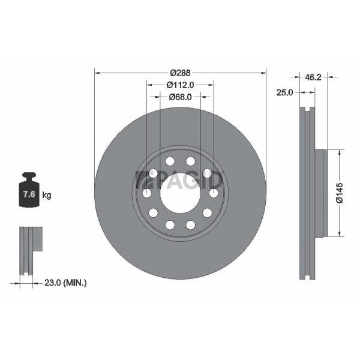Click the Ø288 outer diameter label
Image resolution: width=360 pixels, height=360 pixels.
(x=180, y=73)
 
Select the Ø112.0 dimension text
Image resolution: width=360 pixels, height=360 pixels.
(x=180, y=85)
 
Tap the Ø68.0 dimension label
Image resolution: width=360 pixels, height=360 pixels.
(x=180, y=97)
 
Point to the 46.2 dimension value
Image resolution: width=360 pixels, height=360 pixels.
(x=313, y=77)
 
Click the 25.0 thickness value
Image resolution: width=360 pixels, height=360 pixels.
(x=284, y=92)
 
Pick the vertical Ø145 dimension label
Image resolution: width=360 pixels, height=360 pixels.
(x=340, y=193)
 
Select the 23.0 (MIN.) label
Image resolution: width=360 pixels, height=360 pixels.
(x=65, y=283)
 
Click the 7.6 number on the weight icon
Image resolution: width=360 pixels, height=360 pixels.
(x=29, y=194)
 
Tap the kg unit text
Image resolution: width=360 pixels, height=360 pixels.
(x=47, y=196)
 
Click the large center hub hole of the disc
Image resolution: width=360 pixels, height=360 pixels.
(x=181, y=193)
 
